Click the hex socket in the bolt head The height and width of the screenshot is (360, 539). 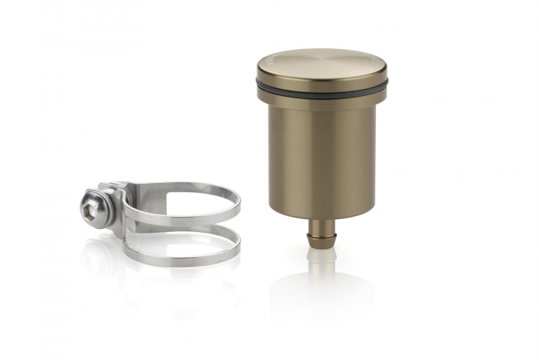[90, 203]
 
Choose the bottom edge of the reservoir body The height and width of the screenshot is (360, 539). [322, 215]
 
